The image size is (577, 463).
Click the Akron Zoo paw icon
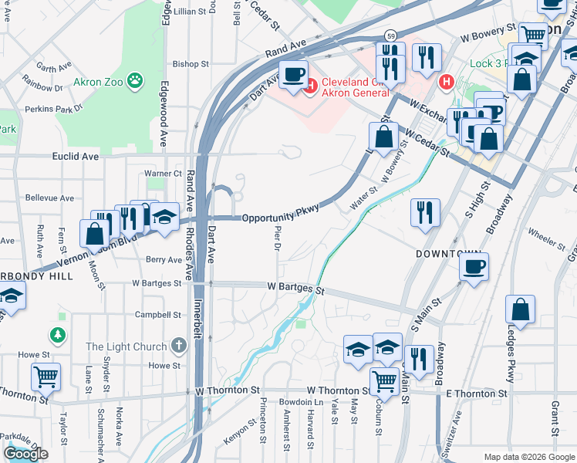tap(135, 79)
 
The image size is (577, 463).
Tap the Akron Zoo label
tap(96, 82)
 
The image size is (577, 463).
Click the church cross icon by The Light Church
tap(179, 346)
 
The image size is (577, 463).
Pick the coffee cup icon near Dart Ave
tap(292, 75)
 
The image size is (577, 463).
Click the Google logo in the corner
tap(25, 454)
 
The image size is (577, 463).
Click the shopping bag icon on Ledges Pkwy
tap(521, 309)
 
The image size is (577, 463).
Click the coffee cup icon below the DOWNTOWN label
tap(474, 268)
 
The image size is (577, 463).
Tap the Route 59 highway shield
tap(392, 35)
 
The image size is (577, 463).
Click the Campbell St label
tap(158, 315)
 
